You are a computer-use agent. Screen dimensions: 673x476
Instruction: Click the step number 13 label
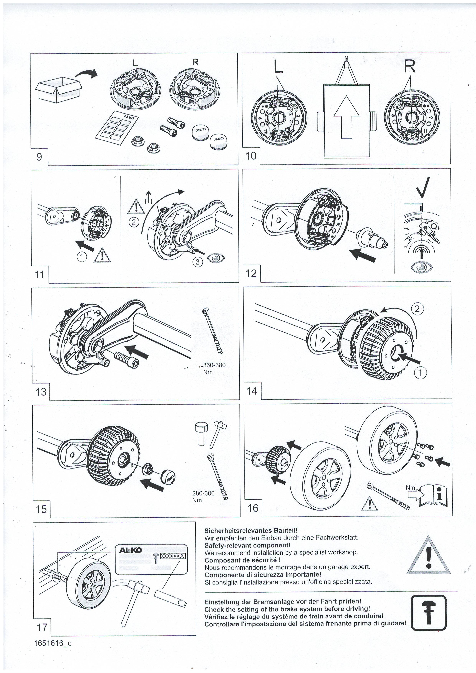[41, 392]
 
